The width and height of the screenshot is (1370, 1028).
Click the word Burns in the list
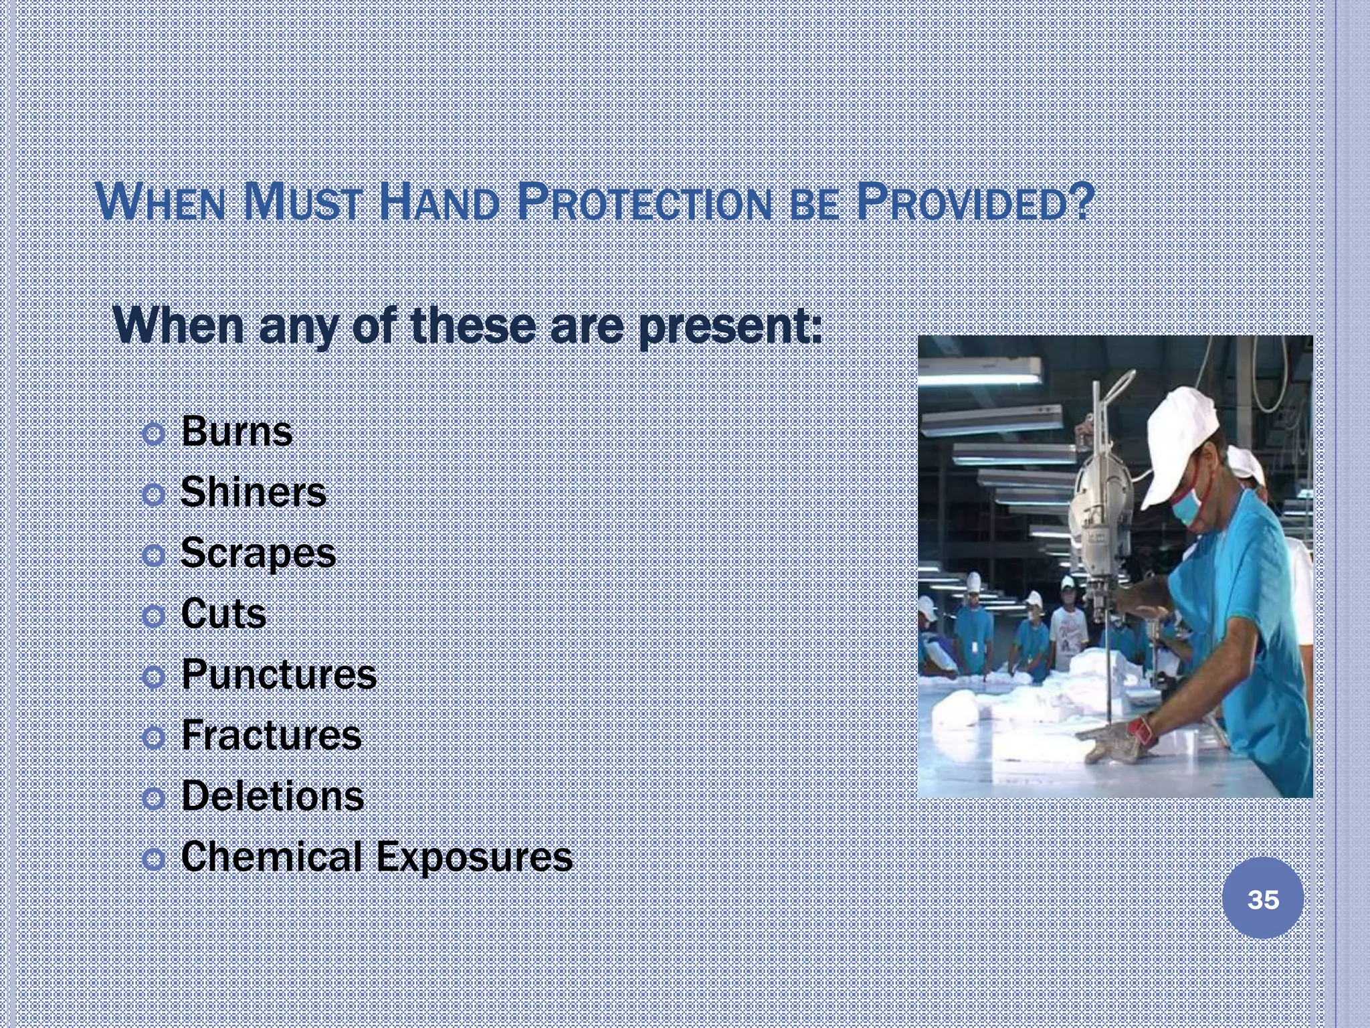point(237,432)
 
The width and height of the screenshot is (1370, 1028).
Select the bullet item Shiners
point(254,493)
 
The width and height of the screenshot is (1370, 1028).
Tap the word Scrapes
point(258,553)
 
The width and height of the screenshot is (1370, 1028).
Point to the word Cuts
point(223,614)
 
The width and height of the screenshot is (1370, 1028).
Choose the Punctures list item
point(279,675)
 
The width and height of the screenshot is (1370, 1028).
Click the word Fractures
point(272,736)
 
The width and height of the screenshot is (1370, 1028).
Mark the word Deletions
point(273,796)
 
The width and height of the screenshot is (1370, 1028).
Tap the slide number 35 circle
point(1263,899)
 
